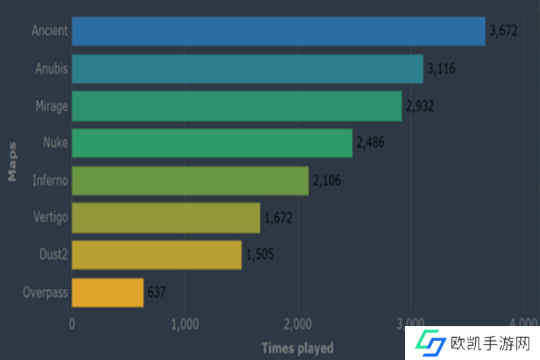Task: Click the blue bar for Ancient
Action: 278,31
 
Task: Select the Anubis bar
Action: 247,69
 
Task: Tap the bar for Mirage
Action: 236,106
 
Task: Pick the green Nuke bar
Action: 212,143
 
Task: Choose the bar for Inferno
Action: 190,180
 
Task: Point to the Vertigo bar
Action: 165,217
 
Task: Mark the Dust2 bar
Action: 157,255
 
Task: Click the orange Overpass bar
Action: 107,292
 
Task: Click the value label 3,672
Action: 503,31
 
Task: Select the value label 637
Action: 157,292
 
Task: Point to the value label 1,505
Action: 260,255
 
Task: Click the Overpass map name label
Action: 45,293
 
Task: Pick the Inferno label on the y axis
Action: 50,181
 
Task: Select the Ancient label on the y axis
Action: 49,31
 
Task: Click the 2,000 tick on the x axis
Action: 298,324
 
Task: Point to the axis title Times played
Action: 297,349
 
